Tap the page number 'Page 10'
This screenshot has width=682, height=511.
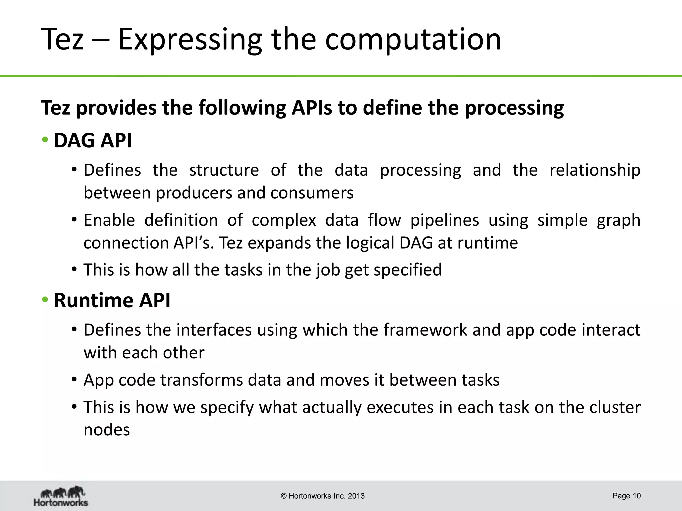pyautogui.click(x=626, y=496)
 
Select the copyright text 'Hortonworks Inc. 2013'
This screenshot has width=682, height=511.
pyautogui.click(x=323, y=496)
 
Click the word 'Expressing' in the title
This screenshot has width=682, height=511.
pyautogui.click(x=190, y=40)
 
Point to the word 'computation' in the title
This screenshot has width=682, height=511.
pyautogui.click(x=413, y=40)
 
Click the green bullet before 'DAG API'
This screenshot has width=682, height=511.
pyautogui.click(x=45, y=140)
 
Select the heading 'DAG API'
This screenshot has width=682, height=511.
pyautogui.click(x=93, y=140)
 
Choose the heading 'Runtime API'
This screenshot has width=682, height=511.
pyautogui.click(x=112, y=300)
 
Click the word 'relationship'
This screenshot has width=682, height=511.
pyautogui.click(x=595, y=170)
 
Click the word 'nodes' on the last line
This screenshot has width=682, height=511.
pyautogui.click(x=107, y=430)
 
